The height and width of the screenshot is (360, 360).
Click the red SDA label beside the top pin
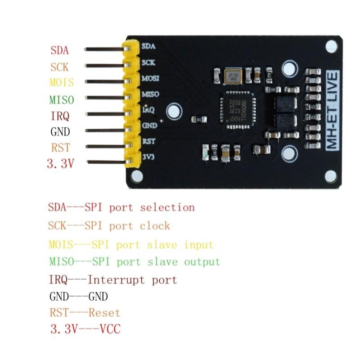point(60,49)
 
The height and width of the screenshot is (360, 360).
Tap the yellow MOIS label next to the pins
point(62,83)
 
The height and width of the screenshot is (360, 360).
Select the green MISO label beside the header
point(62,99)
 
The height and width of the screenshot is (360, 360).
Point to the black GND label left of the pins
point(60,132)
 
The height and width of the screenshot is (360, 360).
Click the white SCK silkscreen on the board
point(148,63)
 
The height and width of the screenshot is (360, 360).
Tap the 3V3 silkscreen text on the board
point(149,157)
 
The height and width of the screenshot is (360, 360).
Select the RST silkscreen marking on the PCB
point(148,141)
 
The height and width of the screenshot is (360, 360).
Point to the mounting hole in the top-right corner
point(331,45)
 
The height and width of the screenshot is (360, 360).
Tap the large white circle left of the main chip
point(174,110)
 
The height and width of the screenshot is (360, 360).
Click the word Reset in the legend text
point(104,312)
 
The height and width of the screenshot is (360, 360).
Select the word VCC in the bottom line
point(110,329)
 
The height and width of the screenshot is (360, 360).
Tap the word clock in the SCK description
point(155,225)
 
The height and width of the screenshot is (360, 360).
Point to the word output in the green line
point(202,261)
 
